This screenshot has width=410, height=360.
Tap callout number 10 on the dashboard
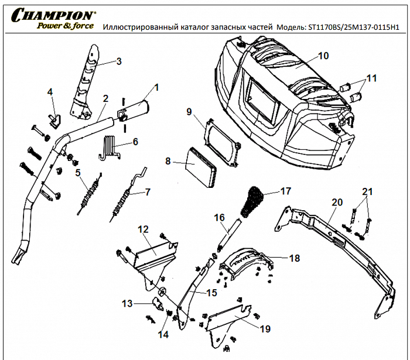point(324,56)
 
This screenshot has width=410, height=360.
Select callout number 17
point(285,191)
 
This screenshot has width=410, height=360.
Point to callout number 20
point(337,203)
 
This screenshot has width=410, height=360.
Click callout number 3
point(118,61)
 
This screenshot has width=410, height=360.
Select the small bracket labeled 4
point(54,119)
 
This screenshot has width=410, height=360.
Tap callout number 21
point(367,192)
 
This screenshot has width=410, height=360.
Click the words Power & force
point(65,26)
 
